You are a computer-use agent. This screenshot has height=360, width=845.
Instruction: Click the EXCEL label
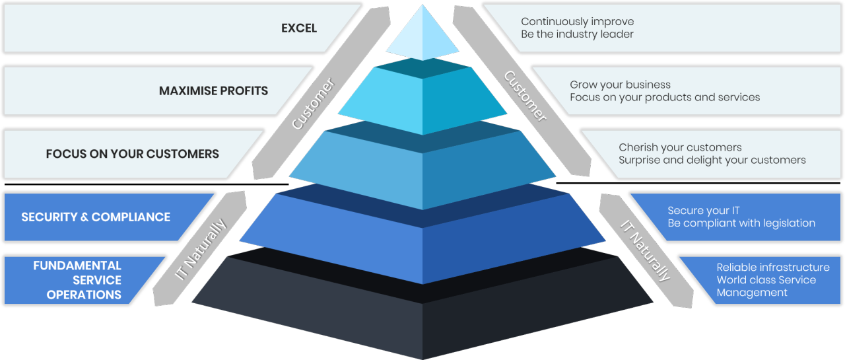click(x=299, y=28)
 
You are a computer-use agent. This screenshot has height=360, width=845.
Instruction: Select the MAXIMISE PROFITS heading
click(x=213, y=90)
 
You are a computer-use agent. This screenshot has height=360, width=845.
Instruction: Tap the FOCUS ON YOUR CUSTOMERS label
click(x=132, y=154)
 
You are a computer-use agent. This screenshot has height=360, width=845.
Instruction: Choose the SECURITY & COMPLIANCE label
click(x=96, y=217)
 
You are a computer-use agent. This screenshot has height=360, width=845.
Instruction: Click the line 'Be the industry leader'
click(x=577, y=34)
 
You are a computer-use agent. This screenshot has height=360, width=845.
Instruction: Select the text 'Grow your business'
click(x=620, y=85)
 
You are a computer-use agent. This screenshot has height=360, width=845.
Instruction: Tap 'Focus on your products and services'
click(x=665, y=97)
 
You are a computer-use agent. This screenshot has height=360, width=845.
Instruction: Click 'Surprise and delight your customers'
click(x=712, y=160)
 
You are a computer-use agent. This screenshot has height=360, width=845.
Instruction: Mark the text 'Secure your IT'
click(x=704, y=211)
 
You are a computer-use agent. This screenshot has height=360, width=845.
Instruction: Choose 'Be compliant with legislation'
click(x=741, y=223)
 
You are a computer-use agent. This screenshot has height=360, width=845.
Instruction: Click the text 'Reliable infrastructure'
click(x=773, y=268)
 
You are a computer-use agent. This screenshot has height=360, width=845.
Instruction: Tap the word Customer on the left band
click(x=314, y=104)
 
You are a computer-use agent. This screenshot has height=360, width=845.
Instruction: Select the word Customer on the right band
click(x=525, y=96)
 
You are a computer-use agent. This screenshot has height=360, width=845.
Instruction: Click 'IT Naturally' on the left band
click(x=201, y=249)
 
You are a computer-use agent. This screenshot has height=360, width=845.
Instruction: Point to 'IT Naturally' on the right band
click(x=646, y=249)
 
